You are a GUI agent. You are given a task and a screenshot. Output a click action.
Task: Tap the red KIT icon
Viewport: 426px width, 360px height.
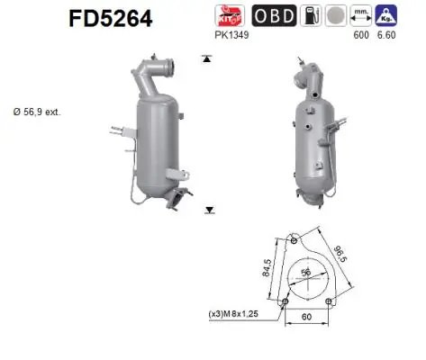[x=228, y=15]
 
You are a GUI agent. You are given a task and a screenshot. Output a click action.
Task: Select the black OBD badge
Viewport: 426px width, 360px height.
[x=271, y=15]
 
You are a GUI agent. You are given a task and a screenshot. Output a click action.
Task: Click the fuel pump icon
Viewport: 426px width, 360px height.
[x=310, y=15]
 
